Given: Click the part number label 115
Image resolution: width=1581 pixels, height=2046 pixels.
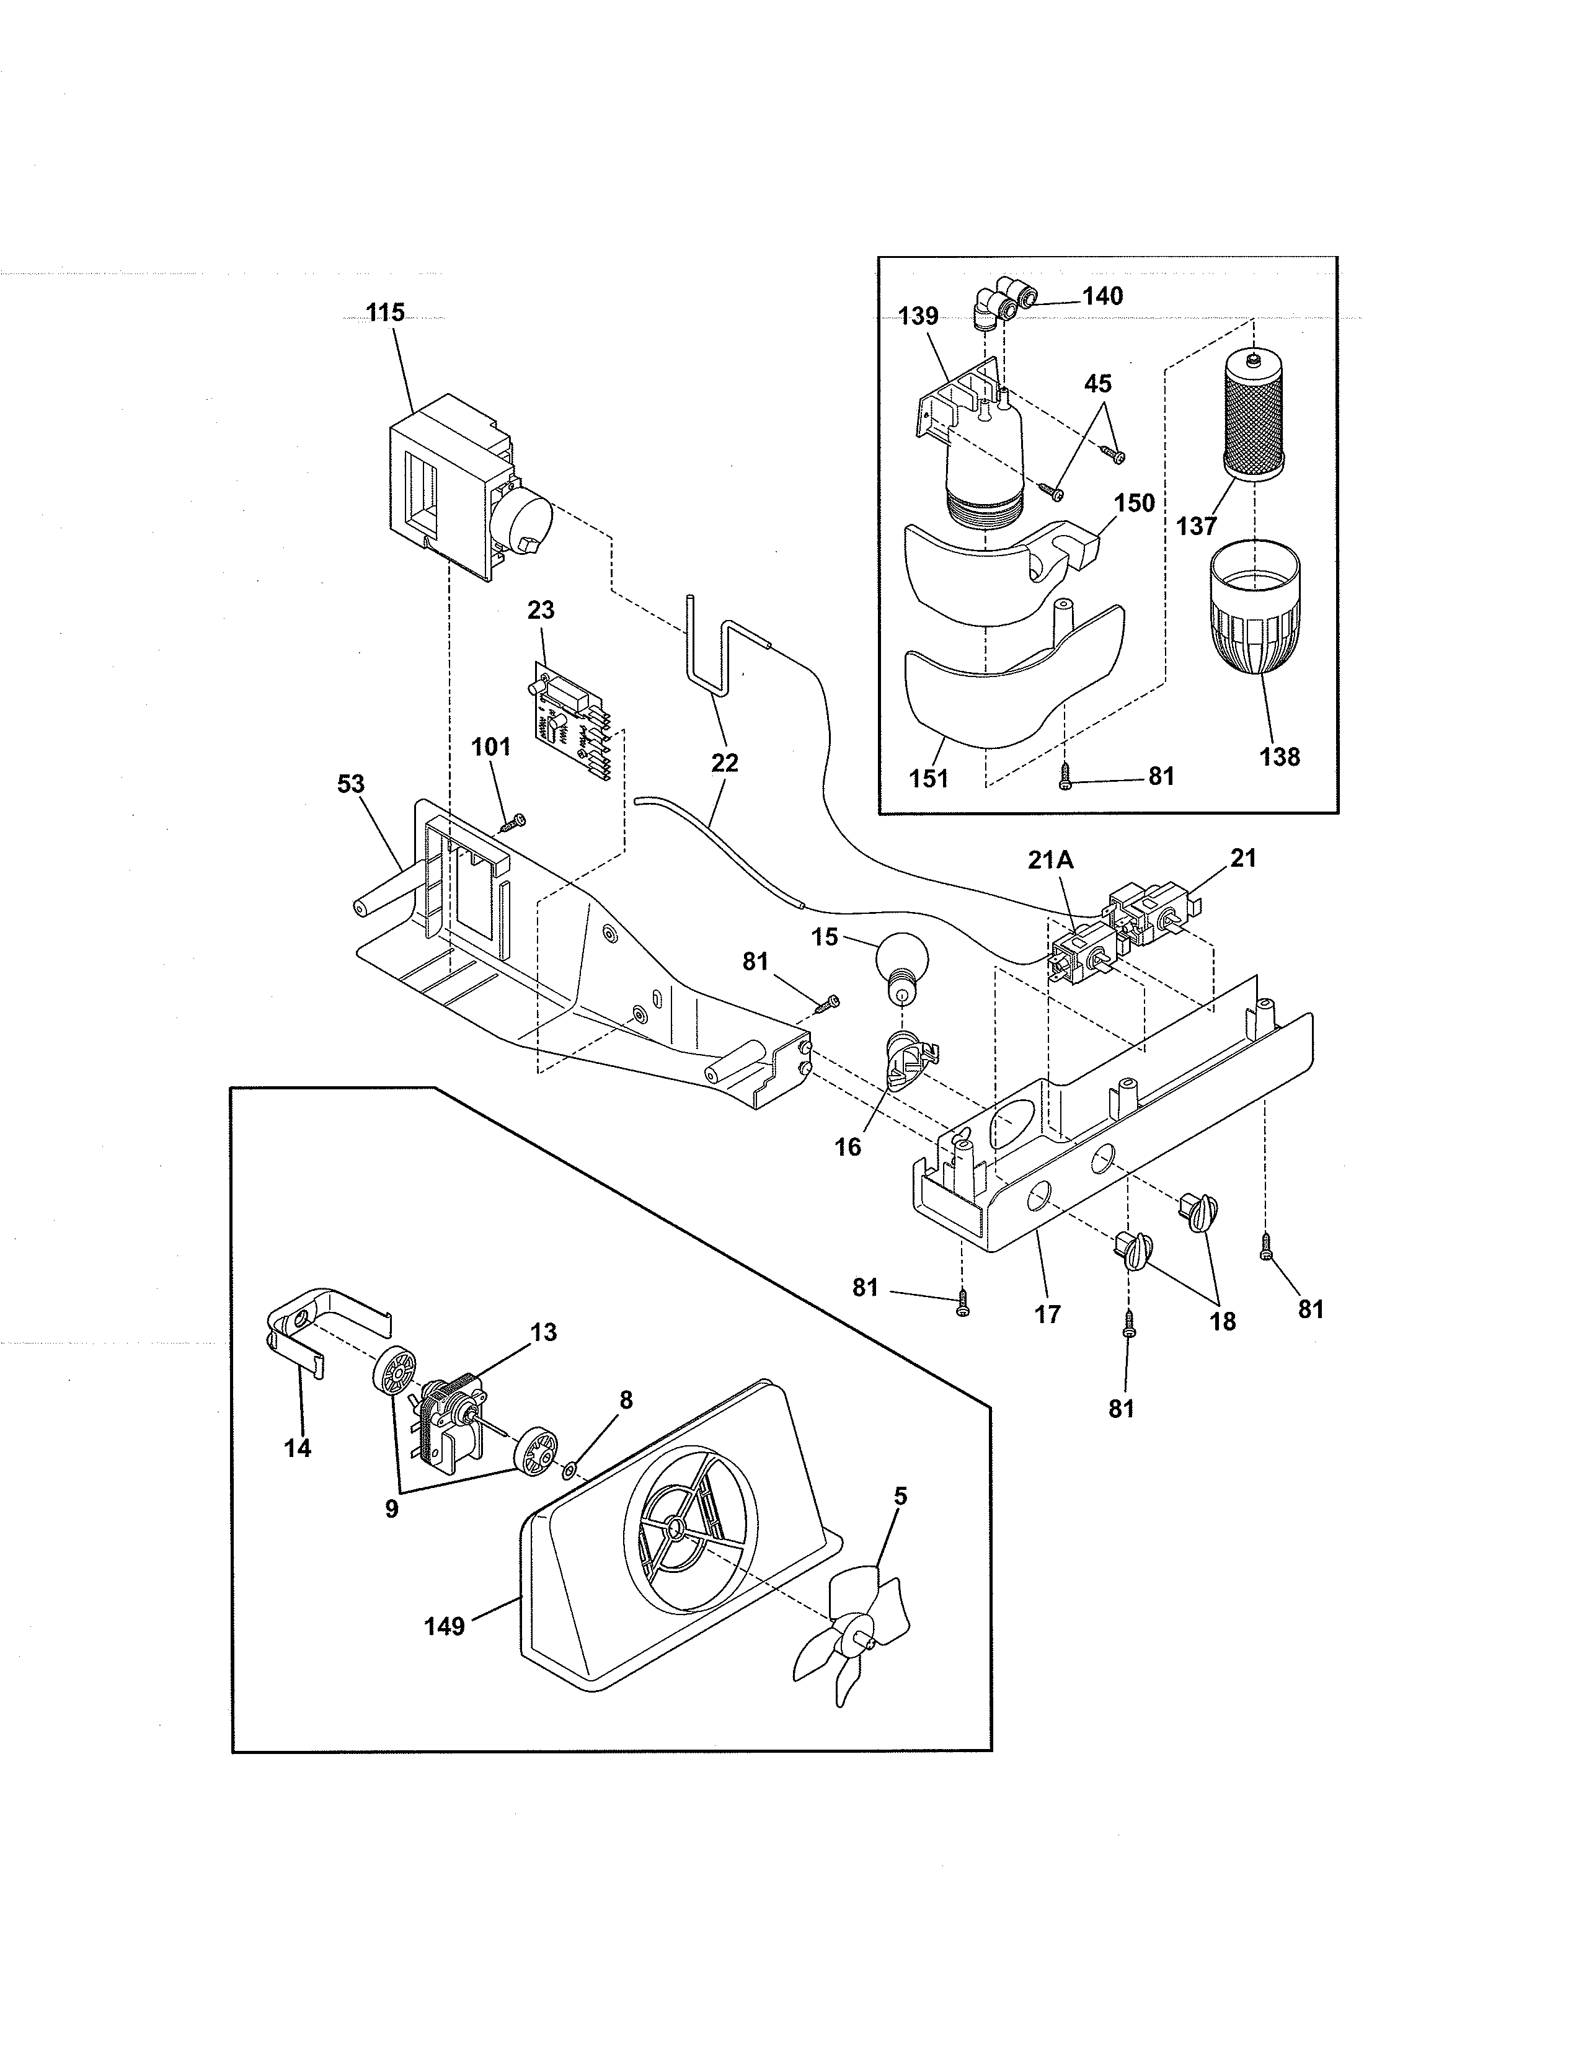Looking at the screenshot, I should coord(385,313).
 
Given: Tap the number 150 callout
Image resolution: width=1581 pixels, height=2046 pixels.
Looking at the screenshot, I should coord(1134,503).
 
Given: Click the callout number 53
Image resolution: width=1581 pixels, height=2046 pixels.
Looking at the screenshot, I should coord(350,784).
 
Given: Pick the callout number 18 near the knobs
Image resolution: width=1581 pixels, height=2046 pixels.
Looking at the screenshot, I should coord(1222,1321).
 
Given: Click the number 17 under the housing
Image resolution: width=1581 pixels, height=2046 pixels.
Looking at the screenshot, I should coord(1047,1314).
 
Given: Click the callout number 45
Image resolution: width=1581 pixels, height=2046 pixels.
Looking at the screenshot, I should coord(1097,384).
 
